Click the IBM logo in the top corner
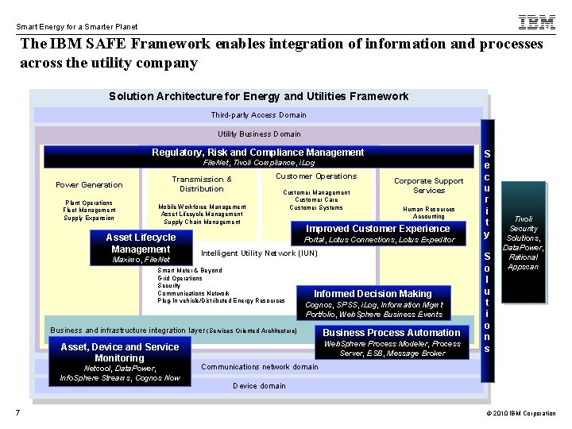(537, 21)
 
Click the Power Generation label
(89, 185)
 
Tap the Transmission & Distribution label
(202, 184)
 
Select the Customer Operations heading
(316, 176)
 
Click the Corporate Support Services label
(429, 185)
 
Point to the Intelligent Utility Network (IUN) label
(259, 253)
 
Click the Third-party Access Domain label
(259, 115)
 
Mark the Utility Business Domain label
(259, 134)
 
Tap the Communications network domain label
(259, 367)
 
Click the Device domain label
(259, 386)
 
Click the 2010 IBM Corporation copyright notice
(520, 413)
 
